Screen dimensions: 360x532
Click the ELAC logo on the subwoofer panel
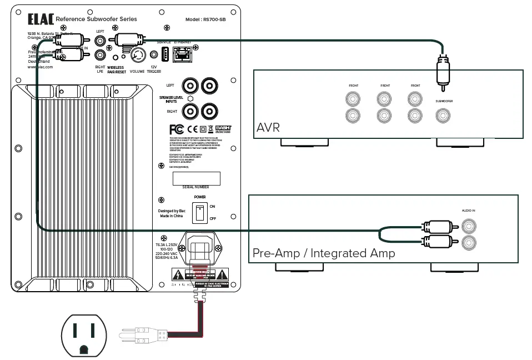point(41,19)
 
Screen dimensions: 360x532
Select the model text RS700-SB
point(207,19)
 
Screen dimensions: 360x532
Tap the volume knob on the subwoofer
point(137,56)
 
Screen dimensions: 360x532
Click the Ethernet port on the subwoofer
point(182,54)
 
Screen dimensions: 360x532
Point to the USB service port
point(164,54)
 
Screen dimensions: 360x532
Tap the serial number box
point(196,178)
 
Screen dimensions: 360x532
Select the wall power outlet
point(83,336)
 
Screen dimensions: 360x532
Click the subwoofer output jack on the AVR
point(443,116)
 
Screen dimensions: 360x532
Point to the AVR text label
point(268,128)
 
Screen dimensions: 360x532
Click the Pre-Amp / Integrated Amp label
point(324,253)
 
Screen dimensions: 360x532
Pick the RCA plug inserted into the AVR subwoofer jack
point(443,72)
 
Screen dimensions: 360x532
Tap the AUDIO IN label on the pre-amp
point(469,211)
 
